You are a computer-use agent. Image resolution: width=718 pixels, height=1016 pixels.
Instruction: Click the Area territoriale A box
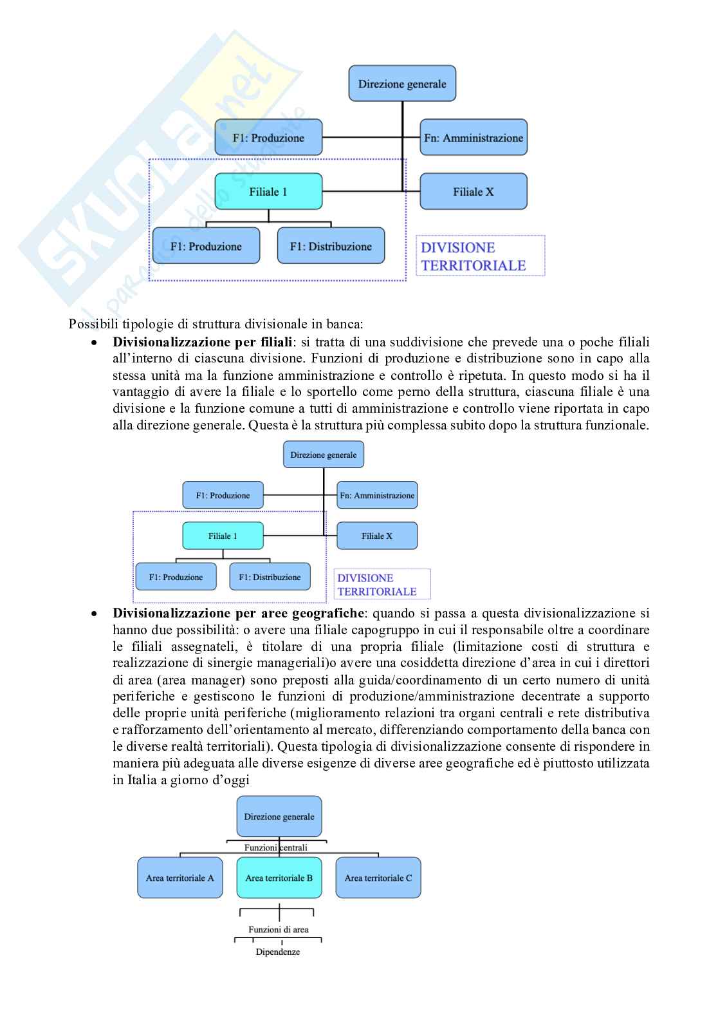point(179,878)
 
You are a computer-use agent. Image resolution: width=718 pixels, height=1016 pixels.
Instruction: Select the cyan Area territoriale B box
point(279,878)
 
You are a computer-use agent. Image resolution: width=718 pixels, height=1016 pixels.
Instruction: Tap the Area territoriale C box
point(378,878)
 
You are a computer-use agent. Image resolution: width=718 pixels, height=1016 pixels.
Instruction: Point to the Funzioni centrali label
point(276,847)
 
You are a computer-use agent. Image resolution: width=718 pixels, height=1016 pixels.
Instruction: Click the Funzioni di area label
point(279,929)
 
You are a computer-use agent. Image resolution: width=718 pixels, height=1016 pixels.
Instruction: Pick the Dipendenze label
point(278,952)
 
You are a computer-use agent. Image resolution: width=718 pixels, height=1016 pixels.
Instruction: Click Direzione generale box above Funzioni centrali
point(279,816)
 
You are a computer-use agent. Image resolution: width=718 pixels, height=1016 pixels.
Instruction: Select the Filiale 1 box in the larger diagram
point(268,191)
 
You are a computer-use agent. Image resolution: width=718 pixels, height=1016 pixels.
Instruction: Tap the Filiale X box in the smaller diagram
point(377,536)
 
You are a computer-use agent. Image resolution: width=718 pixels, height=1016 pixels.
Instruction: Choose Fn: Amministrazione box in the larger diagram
point(474,137)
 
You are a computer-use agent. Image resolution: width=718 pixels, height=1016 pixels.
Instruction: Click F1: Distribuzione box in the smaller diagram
point(270,577)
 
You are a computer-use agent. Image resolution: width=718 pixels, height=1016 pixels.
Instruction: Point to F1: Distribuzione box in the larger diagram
point(331,246)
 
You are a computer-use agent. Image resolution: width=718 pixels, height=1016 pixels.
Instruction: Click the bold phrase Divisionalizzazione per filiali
point(202,342)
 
